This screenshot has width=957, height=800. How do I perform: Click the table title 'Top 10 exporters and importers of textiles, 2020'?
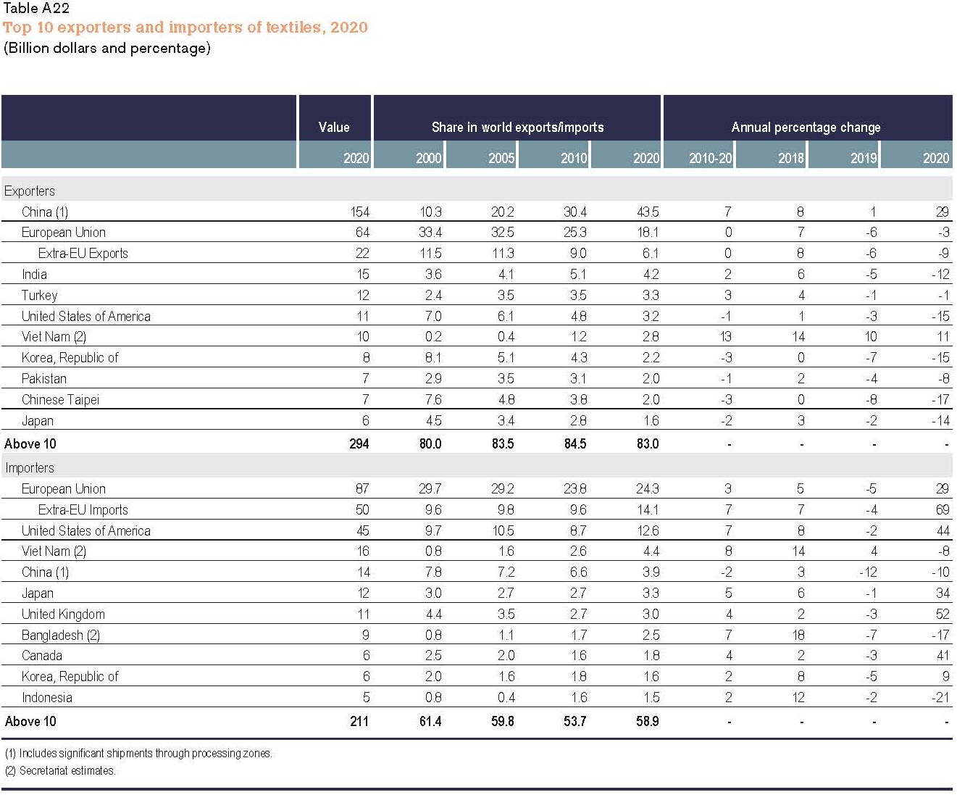click(185, 28)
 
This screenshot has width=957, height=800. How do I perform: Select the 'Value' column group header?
click(334, 127)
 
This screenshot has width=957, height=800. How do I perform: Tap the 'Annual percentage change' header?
click(806, 127)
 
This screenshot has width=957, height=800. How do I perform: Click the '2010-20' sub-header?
click(710, 158)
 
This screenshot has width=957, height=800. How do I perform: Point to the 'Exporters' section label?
click(30, 191)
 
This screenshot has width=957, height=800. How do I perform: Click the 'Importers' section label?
click(30, 467)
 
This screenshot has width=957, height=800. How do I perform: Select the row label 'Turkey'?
click(39, 295)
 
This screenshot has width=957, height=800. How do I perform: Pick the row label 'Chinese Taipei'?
click(60, 399)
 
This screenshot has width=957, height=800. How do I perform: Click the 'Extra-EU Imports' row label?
click(83, 509)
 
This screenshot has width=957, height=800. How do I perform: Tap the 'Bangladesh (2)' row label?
click(60, 635)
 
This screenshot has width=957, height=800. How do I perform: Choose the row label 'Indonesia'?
click(46, 697)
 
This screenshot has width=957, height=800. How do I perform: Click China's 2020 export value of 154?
click(359, 212)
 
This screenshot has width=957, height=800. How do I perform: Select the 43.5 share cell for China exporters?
click(647, 212)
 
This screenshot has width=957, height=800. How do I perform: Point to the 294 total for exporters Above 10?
click(359, 443)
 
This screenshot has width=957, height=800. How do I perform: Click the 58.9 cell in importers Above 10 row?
click(647, 721)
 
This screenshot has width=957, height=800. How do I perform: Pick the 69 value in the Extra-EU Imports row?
click(942, 509)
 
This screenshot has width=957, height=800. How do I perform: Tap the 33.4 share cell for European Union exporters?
click(430, 232)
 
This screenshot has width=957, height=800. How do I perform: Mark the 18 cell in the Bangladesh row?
click(798, 635)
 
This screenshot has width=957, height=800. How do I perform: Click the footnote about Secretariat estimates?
click(60, 770)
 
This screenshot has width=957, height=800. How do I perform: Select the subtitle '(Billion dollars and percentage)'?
click(107, 49)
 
